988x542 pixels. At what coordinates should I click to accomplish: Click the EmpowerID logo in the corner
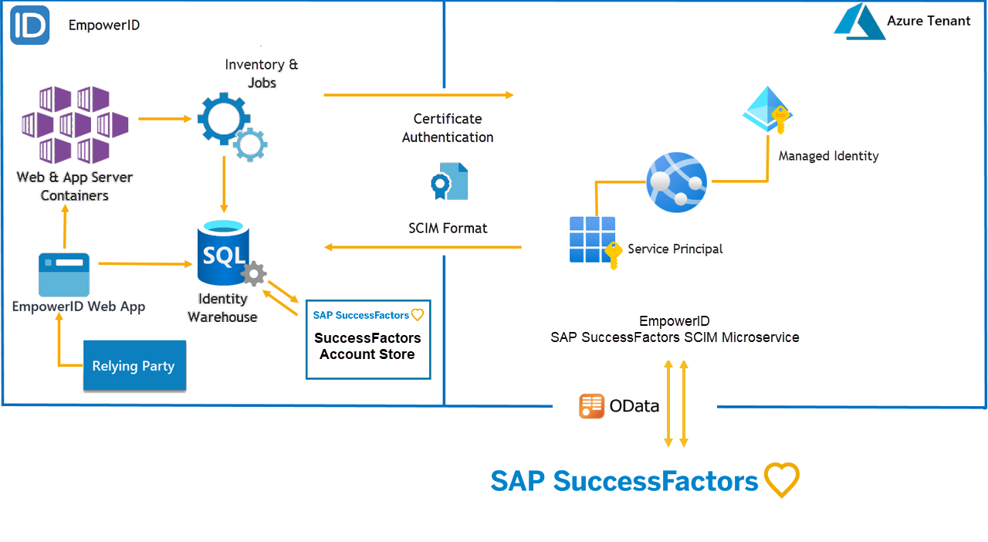coord(30,25)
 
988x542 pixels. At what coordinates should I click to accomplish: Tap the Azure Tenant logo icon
coord(858,22)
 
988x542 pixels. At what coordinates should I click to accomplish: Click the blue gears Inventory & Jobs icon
coord(230,124)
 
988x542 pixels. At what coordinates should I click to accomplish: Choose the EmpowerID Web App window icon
coord(64,274)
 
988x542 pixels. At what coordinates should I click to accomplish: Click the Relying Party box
coord(134,365)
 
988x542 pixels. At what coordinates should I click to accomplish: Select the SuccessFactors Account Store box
coord(368,339)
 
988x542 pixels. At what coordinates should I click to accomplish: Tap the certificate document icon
coord(449,181)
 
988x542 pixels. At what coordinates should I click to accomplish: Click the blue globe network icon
coord(676,182)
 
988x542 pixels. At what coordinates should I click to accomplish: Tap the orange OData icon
coord(591,406)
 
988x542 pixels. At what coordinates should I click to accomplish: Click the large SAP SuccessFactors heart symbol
coord(781,480)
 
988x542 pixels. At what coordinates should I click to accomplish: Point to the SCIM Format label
coord(448,229)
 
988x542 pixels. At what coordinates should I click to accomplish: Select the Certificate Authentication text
coord(448,128)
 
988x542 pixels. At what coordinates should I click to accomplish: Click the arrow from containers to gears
coord(164,119)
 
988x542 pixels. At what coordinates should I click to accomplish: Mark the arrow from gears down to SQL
coord(224,185)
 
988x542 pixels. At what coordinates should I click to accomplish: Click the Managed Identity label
coord(828,156)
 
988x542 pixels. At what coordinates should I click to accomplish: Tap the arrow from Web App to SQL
coord(145,264)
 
